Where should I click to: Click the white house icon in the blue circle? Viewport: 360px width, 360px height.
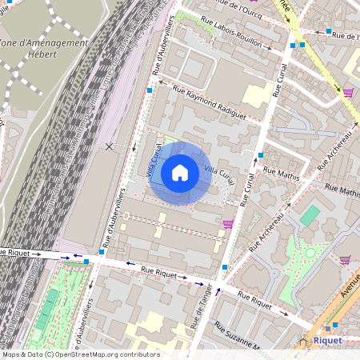click(180, 172)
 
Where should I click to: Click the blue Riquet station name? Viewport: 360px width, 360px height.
click(328, 340)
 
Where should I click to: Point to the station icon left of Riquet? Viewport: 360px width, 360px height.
click(303, 342)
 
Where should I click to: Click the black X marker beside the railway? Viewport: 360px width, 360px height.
click(110, 146)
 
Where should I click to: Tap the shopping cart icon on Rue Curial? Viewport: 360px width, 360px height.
click(228, 224)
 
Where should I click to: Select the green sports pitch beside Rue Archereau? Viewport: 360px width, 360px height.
click(310, 215)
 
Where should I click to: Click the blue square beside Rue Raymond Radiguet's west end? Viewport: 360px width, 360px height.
click(150, 91)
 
